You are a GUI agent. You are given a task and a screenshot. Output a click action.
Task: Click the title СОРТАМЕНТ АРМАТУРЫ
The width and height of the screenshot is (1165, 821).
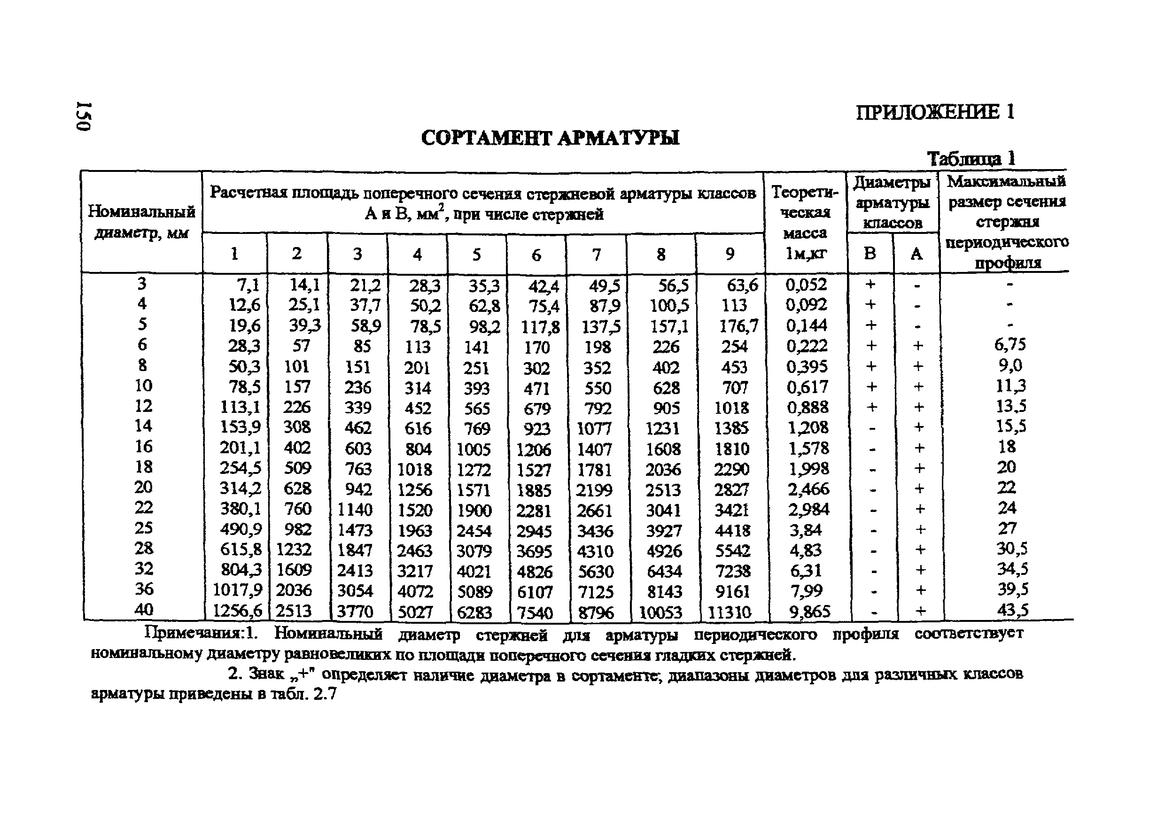click(550, 138)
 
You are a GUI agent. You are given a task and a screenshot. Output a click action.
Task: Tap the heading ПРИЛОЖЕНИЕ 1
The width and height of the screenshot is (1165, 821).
click(935, 112)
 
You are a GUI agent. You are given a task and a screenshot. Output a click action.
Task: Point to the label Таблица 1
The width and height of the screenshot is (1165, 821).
click(971, 159)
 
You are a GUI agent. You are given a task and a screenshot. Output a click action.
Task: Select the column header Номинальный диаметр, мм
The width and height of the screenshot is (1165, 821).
click(141, 222)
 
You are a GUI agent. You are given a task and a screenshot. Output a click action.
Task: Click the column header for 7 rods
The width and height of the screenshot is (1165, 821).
click(596, 254)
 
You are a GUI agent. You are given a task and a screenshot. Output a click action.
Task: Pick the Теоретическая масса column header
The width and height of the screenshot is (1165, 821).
click(805, 222)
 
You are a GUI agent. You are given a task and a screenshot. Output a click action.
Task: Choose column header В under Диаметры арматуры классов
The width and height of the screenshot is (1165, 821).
click(870, 253)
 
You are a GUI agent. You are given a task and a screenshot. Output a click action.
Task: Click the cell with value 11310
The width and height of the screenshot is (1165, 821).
click(729, 612)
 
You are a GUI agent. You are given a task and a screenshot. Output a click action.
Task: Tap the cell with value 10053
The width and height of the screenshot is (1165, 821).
click(660, 612)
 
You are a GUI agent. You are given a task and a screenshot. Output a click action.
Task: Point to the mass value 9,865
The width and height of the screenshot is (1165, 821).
click(809, 612)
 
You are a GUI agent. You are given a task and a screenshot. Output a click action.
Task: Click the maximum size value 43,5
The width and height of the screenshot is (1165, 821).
click(1013, 609)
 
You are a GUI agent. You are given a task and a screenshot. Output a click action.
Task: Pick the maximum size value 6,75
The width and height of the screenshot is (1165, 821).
click(1010, 345)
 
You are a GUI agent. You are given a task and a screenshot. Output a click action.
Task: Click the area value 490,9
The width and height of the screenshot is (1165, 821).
click(241, 529)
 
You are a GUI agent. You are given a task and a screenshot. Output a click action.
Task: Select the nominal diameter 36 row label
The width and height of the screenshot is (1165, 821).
click(144, 589)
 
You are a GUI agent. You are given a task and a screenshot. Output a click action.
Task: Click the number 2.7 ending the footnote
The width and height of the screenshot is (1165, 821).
click(325, 694)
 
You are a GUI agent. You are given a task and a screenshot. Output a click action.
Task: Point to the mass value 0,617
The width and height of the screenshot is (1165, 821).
click(808, 387)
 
